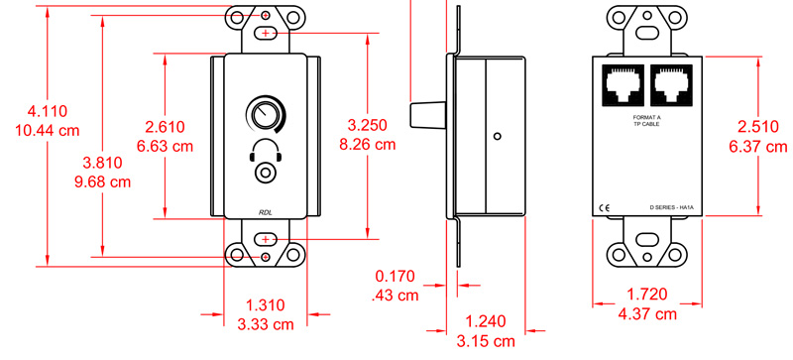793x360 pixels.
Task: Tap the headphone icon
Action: point(265,150)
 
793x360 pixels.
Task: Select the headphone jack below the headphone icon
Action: point(265,173)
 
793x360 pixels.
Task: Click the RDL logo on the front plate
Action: point(266,212)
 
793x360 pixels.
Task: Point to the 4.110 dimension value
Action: point(48,111)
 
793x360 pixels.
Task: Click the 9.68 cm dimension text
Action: point(103,181)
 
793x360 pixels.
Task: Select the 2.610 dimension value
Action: point(166,126)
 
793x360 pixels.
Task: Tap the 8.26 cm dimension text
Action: point(367,144)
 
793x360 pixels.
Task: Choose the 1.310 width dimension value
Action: point(266,305)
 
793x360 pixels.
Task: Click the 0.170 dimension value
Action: point(395,276)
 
